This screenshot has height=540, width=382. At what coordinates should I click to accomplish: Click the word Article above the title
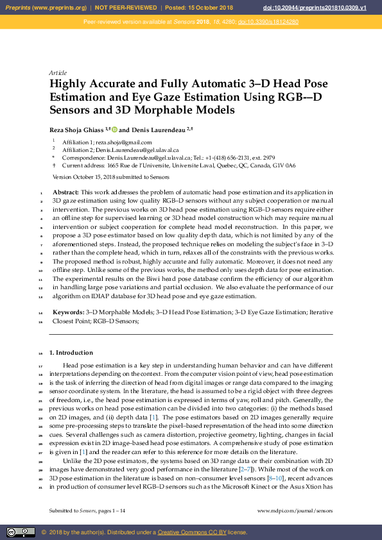click(58, 72)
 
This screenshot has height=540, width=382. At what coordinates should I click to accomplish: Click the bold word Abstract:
click(65, 192)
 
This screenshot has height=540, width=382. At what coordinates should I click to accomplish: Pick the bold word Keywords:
click(68, 312)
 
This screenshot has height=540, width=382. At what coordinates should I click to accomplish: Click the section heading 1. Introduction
click(71, 353)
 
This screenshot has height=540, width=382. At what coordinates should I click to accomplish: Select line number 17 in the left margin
click(41, 366)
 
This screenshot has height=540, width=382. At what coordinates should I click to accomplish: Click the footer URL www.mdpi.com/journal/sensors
click(295, 511)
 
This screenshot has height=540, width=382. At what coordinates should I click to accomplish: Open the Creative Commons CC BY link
click(188, 532)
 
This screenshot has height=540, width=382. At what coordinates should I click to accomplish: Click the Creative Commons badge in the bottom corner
click(21, 532)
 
